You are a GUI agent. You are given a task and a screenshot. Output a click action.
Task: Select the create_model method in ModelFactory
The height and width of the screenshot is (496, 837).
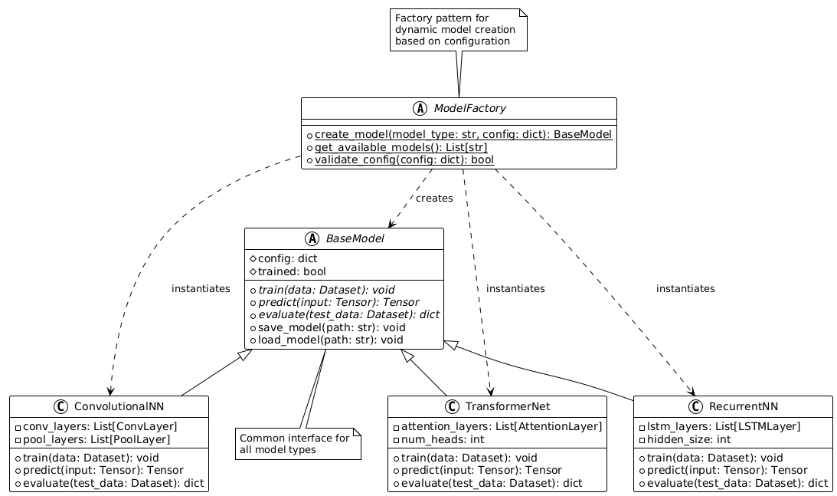(463, 134)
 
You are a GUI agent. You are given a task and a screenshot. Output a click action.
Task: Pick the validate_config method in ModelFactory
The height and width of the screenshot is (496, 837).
(404, 159)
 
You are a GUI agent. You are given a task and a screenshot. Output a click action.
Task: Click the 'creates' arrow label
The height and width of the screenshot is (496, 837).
(434, 199)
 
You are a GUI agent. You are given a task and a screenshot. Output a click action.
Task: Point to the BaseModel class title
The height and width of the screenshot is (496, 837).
(353, 239)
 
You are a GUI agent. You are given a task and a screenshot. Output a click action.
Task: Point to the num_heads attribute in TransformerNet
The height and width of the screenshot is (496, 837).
(437, 439)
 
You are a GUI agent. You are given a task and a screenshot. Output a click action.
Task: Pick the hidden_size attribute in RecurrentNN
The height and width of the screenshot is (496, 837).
(685, 439)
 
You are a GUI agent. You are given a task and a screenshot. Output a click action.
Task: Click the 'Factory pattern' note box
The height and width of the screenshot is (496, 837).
(458, 29)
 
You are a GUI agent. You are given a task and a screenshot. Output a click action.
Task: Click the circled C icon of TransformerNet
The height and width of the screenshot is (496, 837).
(451, 406)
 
